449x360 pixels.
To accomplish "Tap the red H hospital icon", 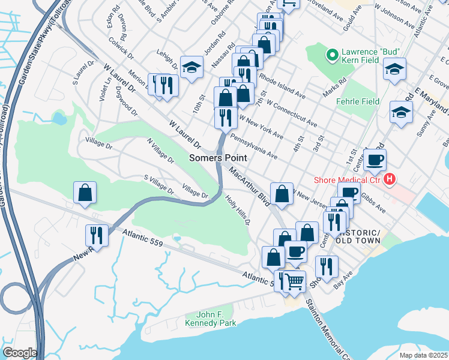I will click(390, 179).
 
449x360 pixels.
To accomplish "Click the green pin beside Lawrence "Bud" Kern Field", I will click(330, 56).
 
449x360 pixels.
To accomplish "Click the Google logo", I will click(19, 352).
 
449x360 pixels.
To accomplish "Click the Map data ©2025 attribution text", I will click(423, 355).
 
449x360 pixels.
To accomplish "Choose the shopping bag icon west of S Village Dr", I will click(85, 193).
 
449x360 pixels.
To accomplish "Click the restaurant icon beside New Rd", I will click(97, 235).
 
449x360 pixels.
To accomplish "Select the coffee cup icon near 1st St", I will click(375, 160).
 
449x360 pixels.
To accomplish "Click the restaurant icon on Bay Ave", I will click(326, 265).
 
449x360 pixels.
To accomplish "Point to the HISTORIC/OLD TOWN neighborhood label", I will click(359, 236).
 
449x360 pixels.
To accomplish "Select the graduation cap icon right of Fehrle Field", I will click(401, 112).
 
